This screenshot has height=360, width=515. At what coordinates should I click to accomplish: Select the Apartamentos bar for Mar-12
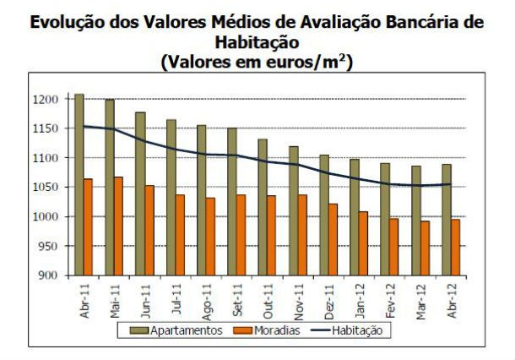click(x=415, y=220)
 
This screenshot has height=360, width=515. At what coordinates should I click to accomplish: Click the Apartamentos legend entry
click(x=182, y=330)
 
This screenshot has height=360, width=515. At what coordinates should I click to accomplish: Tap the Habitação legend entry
click(x=354, y=330)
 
